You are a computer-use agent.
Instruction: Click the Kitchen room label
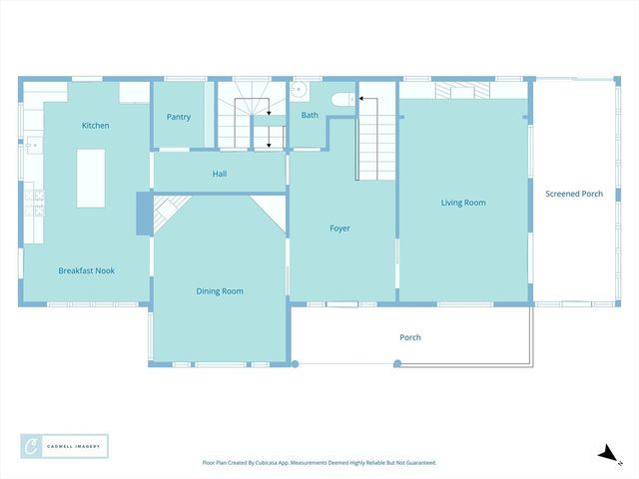[x=96, y=126]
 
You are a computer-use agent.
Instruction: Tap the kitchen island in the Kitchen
[x=91, y=178]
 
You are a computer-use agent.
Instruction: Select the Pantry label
[x=179, y=117]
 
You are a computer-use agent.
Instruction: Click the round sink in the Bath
[x=297, y=89]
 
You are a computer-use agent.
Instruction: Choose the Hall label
[x=220, y=174]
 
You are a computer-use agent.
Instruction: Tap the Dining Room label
[x=220, y=291]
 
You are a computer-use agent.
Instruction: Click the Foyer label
[x=340, y=229]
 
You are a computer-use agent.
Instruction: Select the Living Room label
[x=463, y=203]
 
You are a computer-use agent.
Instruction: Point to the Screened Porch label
[x=574, y=194]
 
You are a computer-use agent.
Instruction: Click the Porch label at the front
[x=410, y=337]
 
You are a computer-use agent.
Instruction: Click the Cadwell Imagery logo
[x=64, y=445]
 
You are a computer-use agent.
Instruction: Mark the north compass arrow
[x=607, y=454]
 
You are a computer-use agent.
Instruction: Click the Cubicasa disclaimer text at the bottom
[x=319, y=463]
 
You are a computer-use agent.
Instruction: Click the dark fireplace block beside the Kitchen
[x=143, y=214]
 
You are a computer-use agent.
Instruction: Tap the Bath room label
[x=311, y=116]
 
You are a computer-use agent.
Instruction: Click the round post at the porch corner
[x=296, y=363]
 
